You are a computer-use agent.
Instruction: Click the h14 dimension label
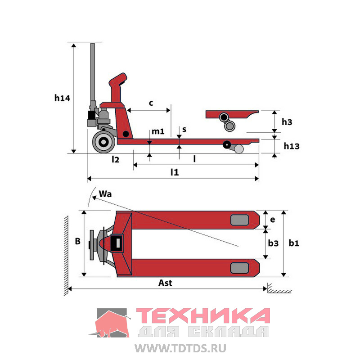[62, 98]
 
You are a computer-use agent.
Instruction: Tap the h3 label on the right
[287, 122]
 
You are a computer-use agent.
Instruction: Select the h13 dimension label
[292, 146]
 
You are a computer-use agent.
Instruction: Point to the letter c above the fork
[151, 103]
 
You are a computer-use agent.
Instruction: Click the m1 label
[158, 131]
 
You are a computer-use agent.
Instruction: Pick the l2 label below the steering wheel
[115, 159]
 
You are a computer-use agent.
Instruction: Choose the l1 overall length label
[175, 172]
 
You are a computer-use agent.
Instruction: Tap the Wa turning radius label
[105, 194]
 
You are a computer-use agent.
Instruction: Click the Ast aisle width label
[165, 283]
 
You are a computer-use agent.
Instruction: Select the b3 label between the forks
[273, 243]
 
